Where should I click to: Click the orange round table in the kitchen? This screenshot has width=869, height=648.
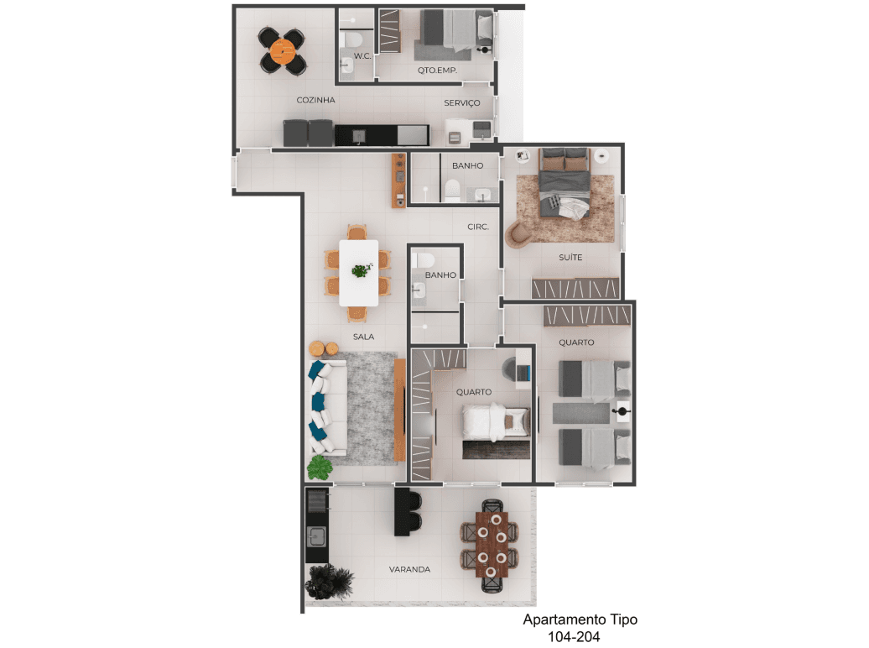[x=283, y=51]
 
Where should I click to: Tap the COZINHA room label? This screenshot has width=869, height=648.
[x=316, y=100]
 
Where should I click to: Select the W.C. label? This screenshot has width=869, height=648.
[x=362, y=56]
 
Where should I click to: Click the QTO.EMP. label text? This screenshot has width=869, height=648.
[x=437, y=70]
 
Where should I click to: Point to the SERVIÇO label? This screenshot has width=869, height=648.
[x=461, y=102]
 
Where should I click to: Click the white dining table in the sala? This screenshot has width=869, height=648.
[x=358, y=273]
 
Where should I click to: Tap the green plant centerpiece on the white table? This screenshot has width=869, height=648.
[x=362, y=270]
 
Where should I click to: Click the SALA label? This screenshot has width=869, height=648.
[x=363, y=337]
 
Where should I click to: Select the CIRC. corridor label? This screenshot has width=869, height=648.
[x=478, y=227]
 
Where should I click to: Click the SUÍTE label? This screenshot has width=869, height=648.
[x=570, y=258]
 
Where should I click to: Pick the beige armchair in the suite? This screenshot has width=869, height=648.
[x=518, y=233]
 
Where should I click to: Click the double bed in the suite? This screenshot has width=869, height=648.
[x=565, y=182]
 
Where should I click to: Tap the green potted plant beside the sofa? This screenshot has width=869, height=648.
[x=320, y=468]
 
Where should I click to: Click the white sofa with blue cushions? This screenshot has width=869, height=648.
[x=327, y=406]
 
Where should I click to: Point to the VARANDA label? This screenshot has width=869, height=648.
[x=409, y=569]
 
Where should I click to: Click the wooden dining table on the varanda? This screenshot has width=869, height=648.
[x=492, y=545]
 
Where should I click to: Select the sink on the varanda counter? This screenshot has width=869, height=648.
[x=317, y=536]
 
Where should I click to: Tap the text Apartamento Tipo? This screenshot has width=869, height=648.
[x=580, y=619]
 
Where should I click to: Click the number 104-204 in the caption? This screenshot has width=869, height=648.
[x=574, y=637]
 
